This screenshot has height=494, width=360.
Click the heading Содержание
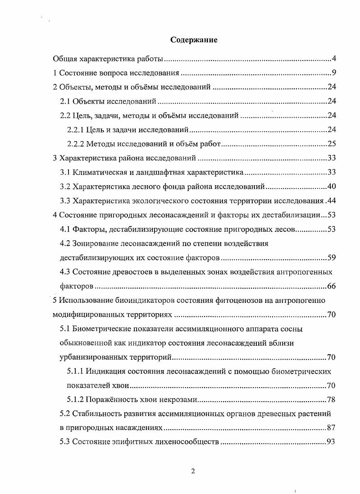[x=194, y=40]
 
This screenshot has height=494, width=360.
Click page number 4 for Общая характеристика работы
[x=334, y=59]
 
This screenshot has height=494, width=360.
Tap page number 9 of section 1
[x=334, y=73]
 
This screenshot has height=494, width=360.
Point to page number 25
[x=332, y=144]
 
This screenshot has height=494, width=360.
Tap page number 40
[x=332, y=187]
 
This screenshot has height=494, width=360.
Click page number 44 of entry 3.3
[x=332, y=201]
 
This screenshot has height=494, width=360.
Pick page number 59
[x=332, y=258]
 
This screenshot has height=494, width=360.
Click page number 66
[x=332, y=287]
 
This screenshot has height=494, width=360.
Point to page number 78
[x=332, y=400]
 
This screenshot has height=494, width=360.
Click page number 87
[x=332, y=428]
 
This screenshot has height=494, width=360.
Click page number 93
[x=332, y=442]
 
